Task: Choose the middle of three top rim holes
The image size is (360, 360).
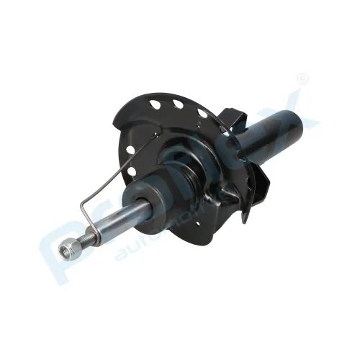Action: [x=176, y=104]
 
